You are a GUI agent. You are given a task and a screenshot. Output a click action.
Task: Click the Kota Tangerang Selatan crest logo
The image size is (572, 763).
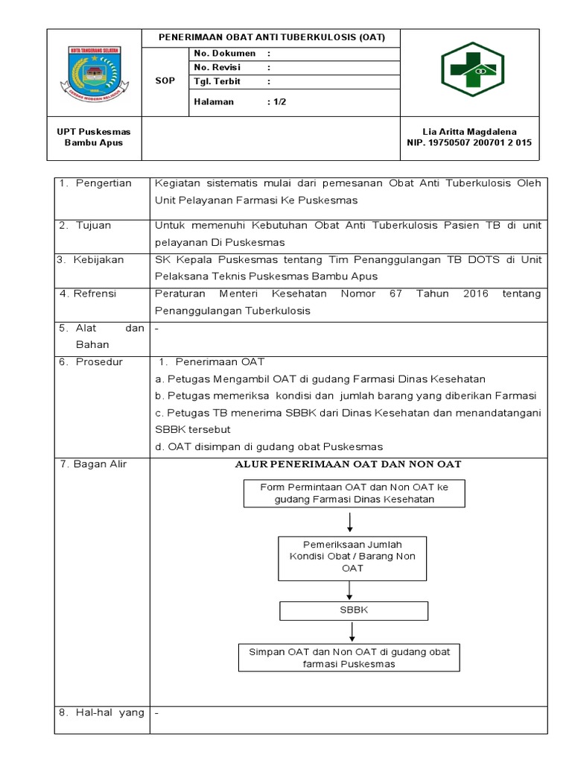point(95,74)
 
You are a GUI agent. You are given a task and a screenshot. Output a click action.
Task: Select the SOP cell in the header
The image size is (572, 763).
point(165,81)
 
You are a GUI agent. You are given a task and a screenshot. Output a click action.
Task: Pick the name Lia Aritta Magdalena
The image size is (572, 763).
point(469,131)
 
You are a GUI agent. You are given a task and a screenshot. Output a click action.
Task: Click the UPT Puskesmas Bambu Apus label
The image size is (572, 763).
point(94,136)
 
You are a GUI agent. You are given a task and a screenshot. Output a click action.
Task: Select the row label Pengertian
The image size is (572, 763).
point(104,183)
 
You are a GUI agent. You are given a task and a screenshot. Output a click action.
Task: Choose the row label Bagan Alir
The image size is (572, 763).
point(98,464)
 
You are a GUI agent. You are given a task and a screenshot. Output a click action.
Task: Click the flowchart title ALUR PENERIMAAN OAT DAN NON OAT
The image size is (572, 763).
point(349,464)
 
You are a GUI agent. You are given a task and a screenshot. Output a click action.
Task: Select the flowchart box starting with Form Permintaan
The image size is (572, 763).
point(355,493)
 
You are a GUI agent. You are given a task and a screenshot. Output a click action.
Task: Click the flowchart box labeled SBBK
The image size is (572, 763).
point(355,610)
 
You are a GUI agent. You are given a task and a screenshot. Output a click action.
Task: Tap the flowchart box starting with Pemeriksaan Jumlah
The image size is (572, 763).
point(352,557)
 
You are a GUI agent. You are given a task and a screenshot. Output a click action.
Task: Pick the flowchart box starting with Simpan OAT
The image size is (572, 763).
point(349,657)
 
